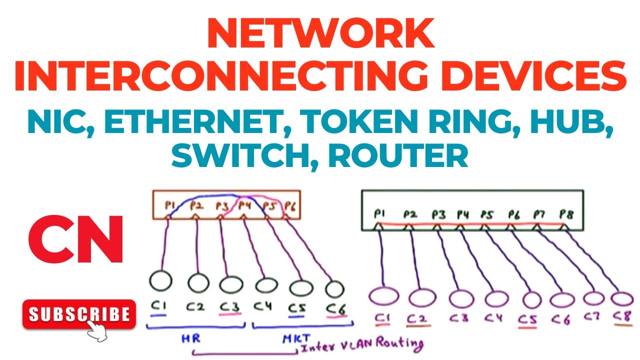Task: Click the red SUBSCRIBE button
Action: click(78, 314)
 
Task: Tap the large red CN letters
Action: click(75, 239)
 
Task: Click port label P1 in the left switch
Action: click(170, 206)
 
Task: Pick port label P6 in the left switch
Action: click(290, 205)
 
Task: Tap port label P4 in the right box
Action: click(463, 215)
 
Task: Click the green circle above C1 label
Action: click(160, 281)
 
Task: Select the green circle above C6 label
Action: click(334, 288)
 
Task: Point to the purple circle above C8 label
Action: click(622, 299)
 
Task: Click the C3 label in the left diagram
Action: click(229, 306)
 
